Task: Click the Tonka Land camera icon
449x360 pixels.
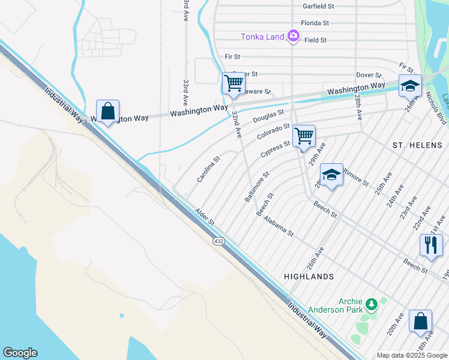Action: click(293, 37)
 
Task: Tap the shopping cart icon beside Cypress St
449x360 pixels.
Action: click(304, 136)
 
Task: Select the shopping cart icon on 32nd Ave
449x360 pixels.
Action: click(234, 83)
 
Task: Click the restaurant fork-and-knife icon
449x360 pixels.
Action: click(431, 245)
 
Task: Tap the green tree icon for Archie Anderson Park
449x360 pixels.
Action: click(372, 304)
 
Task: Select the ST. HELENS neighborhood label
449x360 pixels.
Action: click(417, 146)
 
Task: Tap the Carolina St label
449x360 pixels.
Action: click(209, 170)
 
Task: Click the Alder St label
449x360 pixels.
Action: click(205, 217)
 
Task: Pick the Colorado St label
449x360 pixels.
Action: click(274, 131)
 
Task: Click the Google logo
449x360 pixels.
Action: click(20, 353)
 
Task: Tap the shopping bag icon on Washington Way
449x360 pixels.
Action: click(107, 111)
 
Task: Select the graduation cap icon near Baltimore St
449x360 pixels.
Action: click(331, 175)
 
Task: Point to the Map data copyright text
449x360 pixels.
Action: click(412, 355)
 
